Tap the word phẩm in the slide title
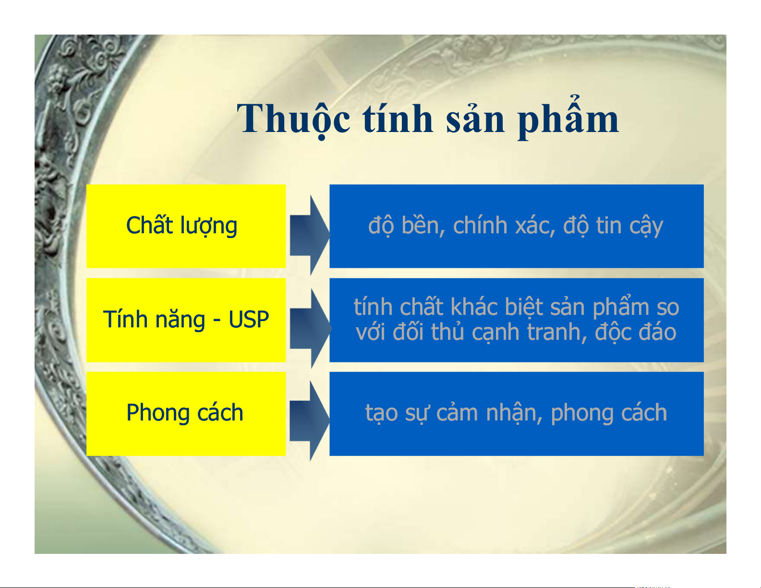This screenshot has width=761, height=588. (x=568, y=117)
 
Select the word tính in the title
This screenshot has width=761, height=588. (x=398, y=117)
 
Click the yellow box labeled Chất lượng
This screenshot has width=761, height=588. (x=186, y=226)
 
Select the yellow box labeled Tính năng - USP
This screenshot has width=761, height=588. (x=186, y=320)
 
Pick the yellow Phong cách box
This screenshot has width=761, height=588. (x=186, y=414)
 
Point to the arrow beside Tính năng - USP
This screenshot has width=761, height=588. (x=310, y=329)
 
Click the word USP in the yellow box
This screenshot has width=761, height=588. (x=249, y=320)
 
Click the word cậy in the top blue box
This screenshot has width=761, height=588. (x=646, y=227)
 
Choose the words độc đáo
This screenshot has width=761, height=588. (x=636, y=332)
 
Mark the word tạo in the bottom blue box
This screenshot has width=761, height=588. (x=381, y=414)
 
